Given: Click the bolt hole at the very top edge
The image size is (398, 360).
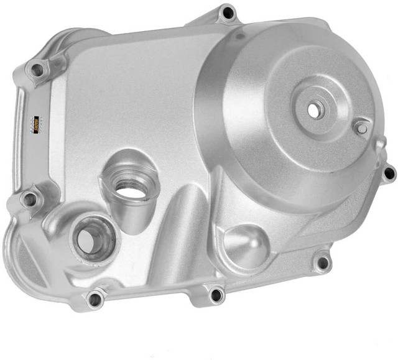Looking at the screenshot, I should click(228, 12).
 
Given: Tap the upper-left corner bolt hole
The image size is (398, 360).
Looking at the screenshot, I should click(37, 70).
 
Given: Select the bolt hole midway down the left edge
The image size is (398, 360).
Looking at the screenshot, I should click(29, 200).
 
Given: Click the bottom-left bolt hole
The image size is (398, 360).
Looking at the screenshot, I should click(95, 298).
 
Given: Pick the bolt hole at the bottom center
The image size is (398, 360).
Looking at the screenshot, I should click(215, 294).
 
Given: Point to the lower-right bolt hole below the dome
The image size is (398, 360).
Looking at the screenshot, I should click(321, 262).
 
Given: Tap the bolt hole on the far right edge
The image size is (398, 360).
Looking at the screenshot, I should click(389, 173).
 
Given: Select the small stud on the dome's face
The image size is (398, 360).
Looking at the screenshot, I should click(361, 127).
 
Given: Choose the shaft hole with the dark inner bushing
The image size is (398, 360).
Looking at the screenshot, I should click(92, 238).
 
